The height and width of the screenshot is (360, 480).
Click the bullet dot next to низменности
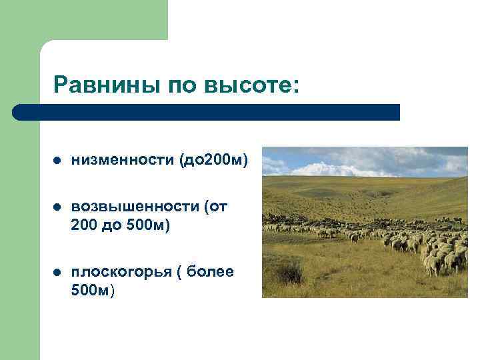click(57, 161)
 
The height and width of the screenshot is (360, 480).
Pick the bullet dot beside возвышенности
click(57, 207)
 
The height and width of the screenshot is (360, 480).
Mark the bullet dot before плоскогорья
click(57, 272)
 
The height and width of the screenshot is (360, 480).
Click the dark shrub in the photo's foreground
click(289, 272)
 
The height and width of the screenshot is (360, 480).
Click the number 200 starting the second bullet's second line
click(84, 226)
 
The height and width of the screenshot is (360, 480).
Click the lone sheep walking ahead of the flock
click(353, 237)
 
